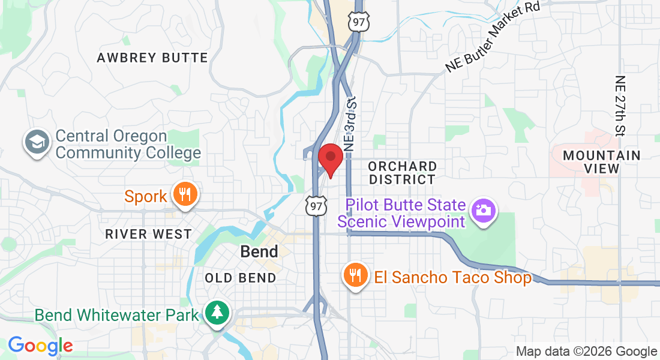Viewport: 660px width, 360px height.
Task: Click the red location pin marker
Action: click(x=330, y=160)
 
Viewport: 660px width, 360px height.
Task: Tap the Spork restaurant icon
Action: click(x=185, y=195)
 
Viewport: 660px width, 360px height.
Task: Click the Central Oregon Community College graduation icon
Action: click(x=37, y=143)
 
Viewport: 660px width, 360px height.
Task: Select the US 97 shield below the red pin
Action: click(x=316, y=206)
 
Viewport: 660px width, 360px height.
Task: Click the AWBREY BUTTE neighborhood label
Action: click(x=152, y=58)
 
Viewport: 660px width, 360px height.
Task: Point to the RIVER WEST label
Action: click(x=148, y=234)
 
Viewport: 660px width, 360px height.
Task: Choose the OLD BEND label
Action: click(x=240, y=278)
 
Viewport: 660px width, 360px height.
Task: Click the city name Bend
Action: click(x=259, y=252)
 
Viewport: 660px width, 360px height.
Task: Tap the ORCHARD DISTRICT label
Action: click(x=402, y=172)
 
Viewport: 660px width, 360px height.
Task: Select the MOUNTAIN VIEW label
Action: click(x=601, y=162)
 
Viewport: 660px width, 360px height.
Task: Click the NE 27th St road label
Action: click(x=620, y=105)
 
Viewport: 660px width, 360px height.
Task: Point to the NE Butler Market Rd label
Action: click(x=493, y=37)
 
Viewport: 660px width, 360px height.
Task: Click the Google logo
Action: click(x=40, y=346)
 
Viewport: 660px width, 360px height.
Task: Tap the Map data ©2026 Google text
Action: click(x=586, y=352)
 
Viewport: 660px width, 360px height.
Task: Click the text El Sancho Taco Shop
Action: click(x=452, y=277)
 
